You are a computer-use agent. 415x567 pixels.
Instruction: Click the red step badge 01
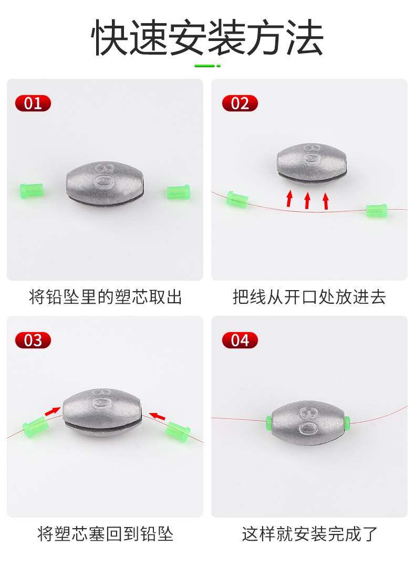click(x=33, y=104)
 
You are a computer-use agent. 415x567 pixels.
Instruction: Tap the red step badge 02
click(x=240, y=104)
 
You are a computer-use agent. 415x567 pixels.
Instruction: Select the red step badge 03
click(x=33, y=341)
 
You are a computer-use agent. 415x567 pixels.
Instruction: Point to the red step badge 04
click(x=240, y=341)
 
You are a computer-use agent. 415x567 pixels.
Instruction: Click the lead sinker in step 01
click(x=105, y=184)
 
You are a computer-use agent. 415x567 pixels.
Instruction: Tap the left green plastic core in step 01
click(x=32, y=190)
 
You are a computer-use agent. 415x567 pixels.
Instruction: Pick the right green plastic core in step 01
click(x=178, y=192)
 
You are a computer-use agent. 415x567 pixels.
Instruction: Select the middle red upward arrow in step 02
click(x=307, y=200)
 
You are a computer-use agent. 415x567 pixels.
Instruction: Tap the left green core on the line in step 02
click(x=237, y=199)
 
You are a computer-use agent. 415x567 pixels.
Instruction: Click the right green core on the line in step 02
click(x=377, y=210)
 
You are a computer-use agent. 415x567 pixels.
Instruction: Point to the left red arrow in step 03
click(x=53, y=411)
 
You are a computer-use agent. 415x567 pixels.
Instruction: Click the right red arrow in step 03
click(x=157, y=416)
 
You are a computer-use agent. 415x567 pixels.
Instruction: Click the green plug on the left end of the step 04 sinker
click(x=268, y=420)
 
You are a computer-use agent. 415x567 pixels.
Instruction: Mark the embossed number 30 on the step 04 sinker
click(x=308, y=420)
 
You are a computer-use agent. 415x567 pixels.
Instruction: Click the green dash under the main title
click(x=207, y=66)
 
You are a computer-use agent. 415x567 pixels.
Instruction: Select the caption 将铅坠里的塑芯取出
click(x=105, y=297)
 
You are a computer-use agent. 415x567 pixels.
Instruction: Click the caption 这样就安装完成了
click(x=309, y=534)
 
